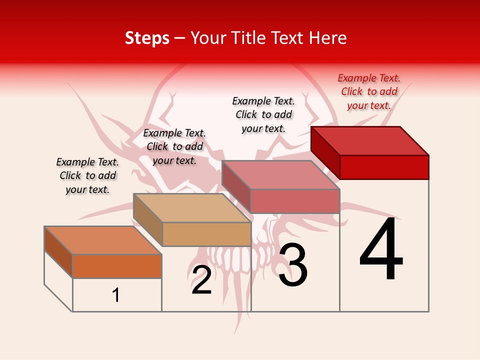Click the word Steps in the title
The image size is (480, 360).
point(147,38)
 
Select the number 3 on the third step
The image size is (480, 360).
point(293,265)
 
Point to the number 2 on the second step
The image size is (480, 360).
point(201,280)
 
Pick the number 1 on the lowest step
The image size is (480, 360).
point(116,295)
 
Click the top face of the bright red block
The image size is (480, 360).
point(370,141)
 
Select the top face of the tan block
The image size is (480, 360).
point(192,208)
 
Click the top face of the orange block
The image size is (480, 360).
point(103,240)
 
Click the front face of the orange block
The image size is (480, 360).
point(117,266)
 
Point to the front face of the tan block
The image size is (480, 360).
point(206,234)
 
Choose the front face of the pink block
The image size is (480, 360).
point(295,201)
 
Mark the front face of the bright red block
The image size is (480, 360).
point(384,167)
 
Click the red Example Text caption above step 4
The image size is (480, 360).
point(369,91)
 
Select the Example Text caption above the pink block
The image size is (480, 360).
point(263,114)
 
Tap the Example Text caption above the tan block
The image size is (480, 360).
point(174,146)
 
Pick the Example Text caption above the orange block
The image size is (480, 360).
point(87,175)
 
